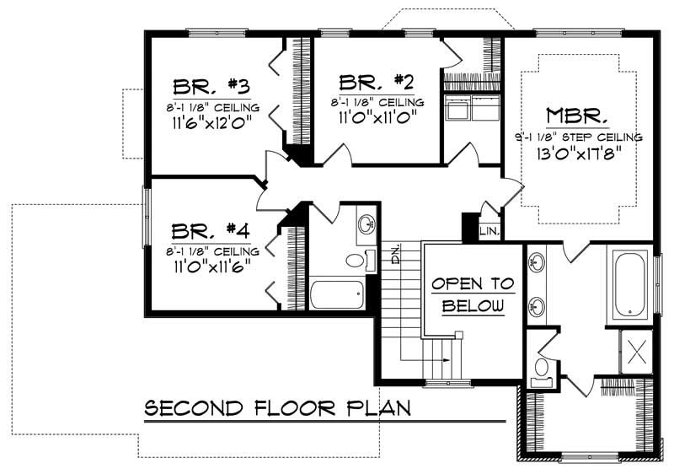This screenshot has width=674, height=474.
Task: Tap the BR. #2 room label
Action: pos(377,82)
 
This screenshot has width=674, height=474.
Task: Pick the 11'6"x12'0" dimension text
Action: pos(212,123)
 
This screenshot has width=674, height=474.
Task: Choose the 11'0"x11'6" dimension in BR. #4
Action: pos(212,267)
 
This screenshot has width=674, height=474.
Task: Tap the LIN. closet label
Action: pos(489,229)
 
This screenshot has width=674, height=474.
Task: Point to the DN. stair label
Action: pos(395,252)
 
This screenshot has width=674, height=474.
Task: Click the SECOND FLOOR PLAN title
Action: pos(278,410)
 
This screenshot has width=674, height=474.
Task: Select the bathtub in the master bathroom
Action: pos(630,284)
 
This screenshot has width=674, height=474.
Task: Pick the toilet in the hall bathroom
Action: pos(357,260)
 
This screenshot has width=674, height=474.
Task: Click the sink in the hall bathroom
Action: pos(366,224)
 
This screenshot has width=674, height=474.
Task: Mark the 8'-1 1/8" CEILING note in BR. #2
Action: pos(377,102)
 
